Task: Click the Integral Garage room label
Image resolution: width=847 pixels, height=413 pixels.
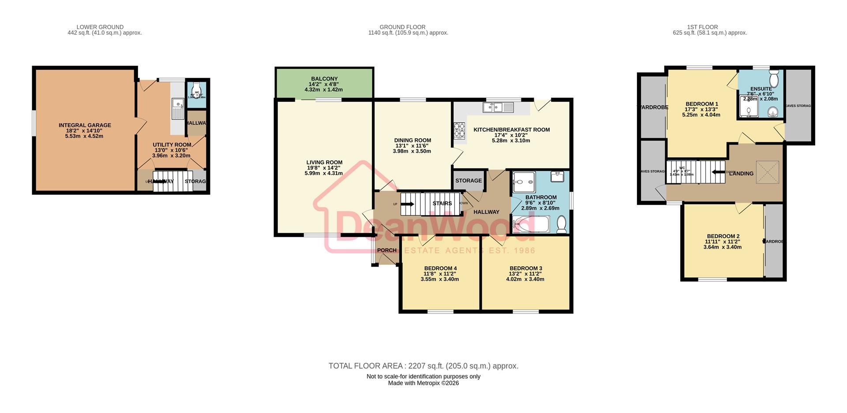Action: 85,126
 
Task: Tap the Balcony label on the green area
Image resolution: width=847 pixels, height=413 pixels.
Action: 324,79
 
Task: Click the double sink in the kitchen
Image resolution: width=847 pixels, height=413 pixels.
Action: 498,107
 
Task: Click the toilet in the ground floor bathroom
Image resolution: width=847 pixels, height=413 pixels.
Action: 562,224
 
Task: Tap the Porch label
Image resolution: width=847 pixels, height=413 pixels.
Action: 387,250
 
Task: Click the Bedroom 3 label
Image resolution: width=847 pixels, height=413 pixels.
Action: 526,268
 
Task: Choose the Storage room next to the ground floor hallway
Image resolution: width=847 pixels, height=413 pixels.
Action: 468,181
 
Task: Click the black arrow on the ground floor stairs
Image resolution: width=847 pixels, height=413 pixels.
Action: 407,204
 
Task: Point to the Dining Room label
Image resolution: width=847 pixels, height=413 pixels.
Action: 412,141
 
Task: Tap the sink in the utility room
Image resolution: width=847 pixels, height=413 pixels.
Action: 178,108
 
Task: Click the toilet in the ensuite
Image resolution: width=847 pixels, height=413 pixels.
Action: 774,79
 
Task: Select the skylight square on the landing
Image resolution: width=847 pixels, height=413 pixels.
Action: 768,172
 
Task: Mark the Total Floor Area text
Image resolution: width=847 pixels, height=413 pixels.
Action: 423,366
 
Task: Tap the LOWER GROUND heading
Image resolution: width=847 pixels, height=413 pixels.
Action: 100,27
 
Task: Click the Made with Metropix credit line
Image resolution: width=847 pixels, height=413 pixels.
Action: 423,383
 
